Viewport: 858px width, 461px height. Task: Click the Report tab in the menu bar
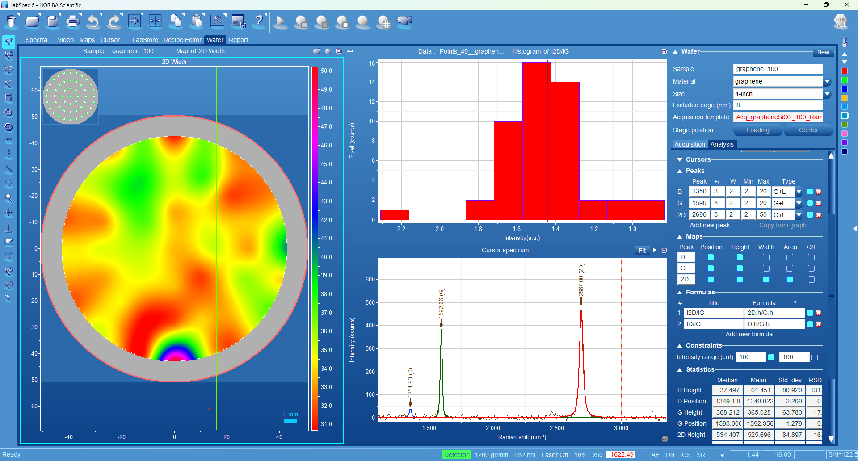pyautogui.click(x=238, y=40)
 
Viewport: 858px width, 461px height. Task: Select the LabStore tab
pyautogui.click(x=145, y=40)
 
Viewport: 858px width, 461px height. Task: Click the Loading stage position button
pyautogui.click(x=758, y=130)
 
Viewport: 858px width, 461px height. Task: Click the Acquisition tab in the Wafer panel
pyautogui.click(x=690, y=144)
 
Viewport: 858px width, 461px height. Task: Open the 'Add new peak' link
pyautogui.click(x=710, y=225)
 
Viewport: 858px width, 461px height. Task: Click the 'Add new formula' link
pyautogui.click(x=749, y=334)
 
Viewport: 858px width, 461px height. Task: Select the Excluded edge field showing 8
pyautogui.click(x=778, y=105)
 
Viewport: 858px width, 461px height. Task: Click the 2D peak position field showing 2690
pyautogui.click(x=699, y=214)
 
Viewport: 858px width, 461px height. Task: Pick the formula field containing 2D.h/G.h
pyautogui.click(x=774, y=313)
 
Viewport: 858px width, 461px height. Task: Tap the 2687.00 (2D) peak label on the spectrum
pyautogui.click(x=581, y=280)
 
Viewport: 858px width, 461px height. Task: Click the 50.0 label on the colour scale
pyautogui.click(x=326, y=71)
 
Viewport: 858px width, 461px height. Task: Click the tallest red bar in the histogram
pyautogui.click(x=536, y=141)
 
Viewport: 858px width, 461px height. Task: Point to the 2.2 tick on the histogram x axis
pyautogui.click(x=401, y=229)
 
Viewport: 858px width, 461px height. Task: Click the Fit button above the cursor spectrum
pyautogui.click(x=642, y=250)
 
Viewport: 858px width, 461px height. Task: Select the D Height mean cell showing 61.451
pyautogui.click(x=759, y=390)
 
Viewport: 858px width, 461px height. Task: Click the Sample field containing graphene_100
pyautogui.click(x=778, y=69)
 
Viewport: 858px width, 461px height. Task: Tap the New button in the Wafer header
pyautogui.click(x=823, y=52)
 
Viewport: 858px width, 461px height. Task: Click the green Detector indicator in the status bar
pyautogui.click(x=456, y=455)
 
